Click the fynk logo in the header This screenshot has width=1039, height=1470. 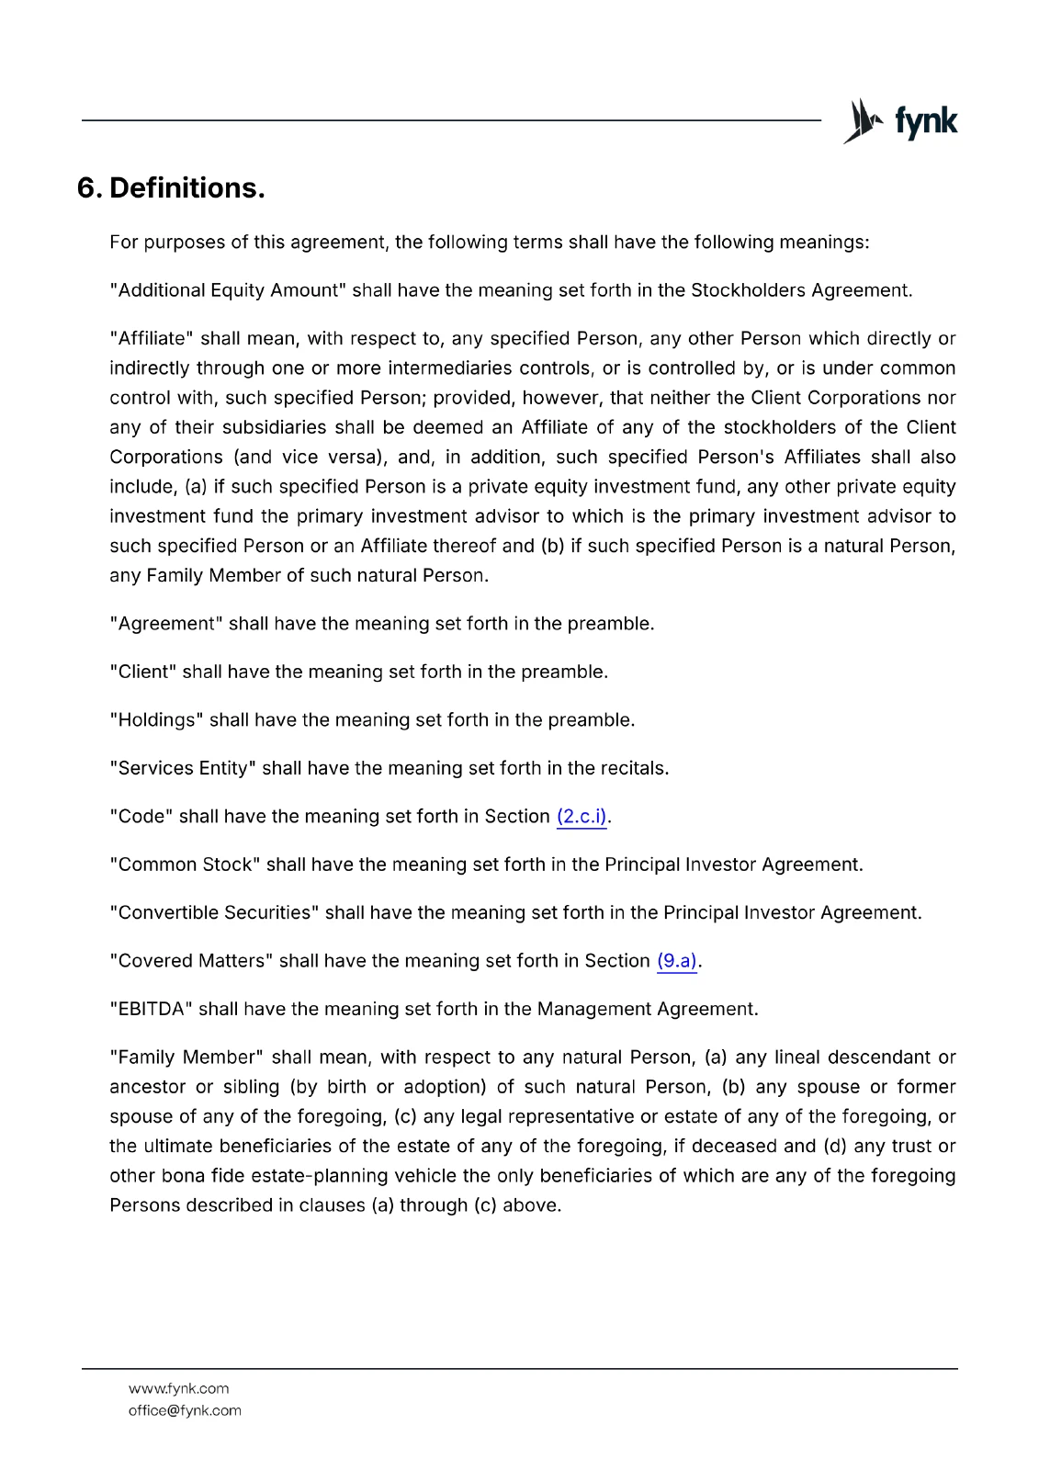tap(900, 121)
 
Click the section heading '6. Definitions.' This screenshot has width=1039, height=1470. tap(171, 188)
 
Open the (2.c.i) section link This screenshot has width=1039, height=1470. tap(582, 817)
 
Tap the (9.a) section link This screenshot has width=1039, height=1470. tap(677, 961)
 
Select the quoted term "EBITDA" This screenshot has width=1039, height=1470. tap(152, 1010)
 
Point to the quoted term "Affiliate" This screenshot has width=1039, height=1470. tap(152, 339)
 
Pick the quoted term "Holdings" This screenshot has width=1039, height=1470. tap(157, 720)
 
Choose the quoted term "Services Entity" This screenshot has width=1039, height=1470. tap(184, 769)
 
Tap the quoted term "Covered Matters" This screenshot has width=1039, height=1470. tap(191, 961)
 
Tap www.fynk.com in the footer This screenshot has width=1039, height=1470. tap(178, 1389)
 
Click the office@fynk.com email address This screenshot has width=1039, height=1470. tap(185, 1411)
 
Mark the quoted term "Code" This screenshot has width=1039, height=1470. tap(141, 817)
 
